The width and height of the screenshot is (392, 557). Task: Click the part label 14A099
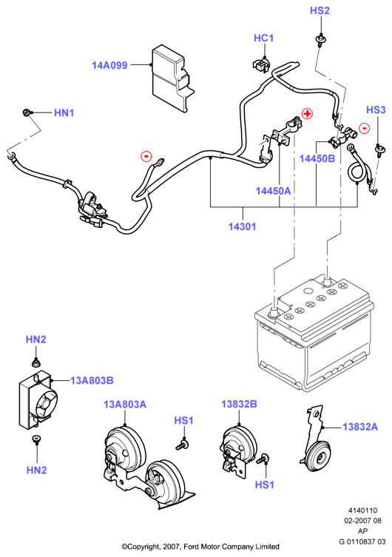[x=109, y=65]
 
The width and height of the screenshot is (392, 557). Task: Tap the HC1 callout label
[x=263, y=38]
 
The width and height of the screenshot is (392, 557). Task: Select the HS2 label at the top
[x=320, y=10]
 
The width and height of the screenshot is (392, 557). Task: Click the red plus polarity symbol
[x=307, y=114]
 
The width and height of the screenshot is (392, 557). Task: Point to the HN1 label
[x=64, y=113]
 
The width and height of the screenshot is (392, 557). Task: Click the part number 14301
[x=242, y=226]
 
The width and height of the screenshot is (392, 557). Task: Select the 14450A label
[x=273, y=191]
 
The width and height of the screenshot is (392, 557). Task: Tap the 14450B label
[x=317, y=158]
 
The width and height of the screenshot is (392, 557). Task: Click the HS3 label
[x=376, y=109]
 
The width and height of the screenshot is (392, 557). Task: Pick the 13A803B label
[x=92, y=380]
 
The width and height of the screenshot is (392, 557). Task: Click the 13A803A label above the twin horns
[x=125, y=405]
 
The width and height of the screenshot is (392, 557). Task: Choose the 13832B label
[x=239, y=404]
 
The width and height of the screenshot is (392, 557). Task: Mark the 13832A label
[x=360, y=427]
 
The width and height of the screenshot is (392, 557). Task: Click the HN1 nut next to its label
[x=26, y=112]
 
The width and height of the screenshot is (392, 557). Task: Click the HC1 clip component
[x=261, y=64]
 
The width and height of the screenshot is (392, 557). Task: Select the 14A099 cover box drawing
[x=172, y=78]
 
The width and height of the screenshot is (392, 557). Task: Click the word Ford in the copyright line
[x=192, y=547]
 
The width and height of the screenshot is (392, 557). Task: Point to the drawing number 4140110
[x=362, y=510]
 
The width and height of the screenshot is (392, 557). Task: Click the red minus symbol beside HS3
[x=365, y=128]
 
